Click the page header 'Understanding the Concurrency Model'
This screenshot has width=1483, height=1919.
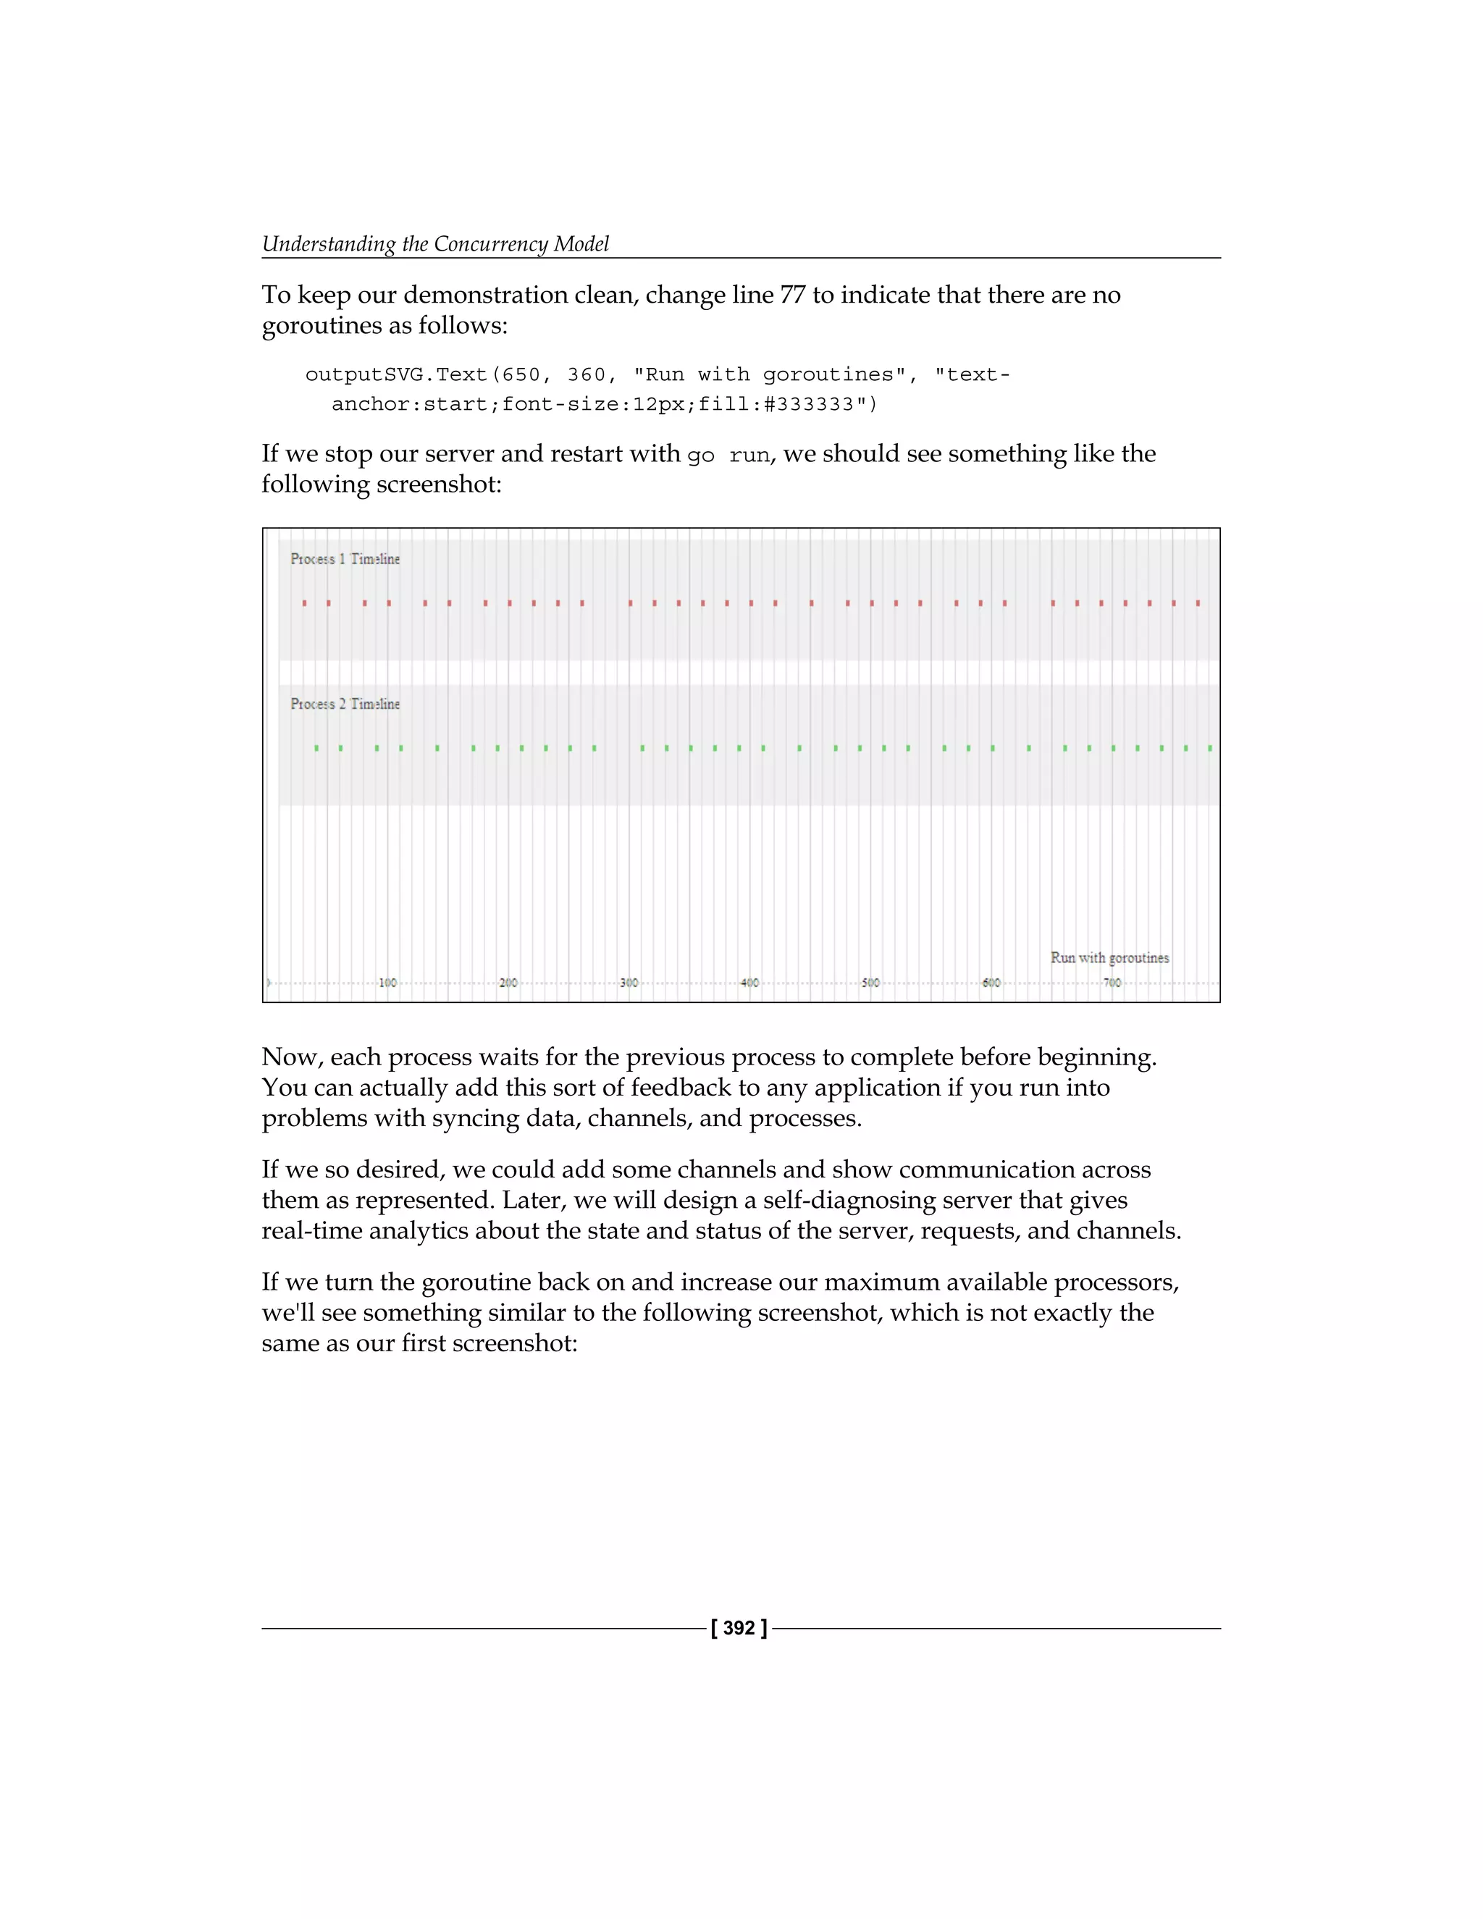pyautogui.click(x=435, y=243)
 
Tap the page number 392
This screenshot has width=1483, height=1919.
pyautogui.click(x=739, y=1628)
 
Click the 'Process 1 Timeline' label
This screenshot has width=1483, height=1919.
pyautogui.click(x=345, y=559)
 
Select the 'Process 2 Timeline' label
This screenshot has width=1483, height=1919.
pyautogui.click(x=345, y=704)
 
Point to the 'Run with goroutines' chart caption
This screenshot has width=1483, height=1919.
pyautogui.click(x=1109, y=958)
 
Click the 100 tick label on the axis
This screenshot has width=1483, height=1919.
pyautogui.click(x=387, y=983)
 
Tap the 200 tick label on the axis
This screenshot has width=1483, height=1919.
pyautogui.click(x=508, y=983)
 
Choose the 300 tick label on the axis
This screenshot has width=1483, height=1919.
pyautogui.click(x=629, y=983)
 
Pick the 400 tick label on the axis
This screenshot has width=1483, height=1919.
pyautogui.click(x=749, y=983)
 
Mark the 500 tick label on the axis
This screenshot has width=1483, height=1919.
pyautogui.click(x=870, y=983)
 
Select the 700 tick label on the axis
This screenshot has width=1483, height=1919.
pyautogui.click(x=1112, y=983)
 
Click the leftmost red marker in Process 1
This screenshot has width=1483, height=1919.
pyautogui.click(x=304, y=602)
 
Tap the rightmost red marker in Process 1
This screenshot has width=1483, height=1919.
pyautogui.click(x=1198, y=602)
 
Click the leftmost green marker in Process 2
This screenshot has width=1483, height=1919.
pyautogui.click(x=316, y=748)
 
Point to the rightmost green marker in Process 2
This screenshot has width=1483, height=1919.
pyautogui.click(x=1210, y=748)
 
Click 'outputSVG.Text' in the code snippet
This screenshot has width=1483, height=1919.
pyautogui.click(x=395, y=374)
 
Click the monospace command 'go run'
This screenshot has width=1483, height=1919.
pyautogui.click(x=728, y=455)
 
